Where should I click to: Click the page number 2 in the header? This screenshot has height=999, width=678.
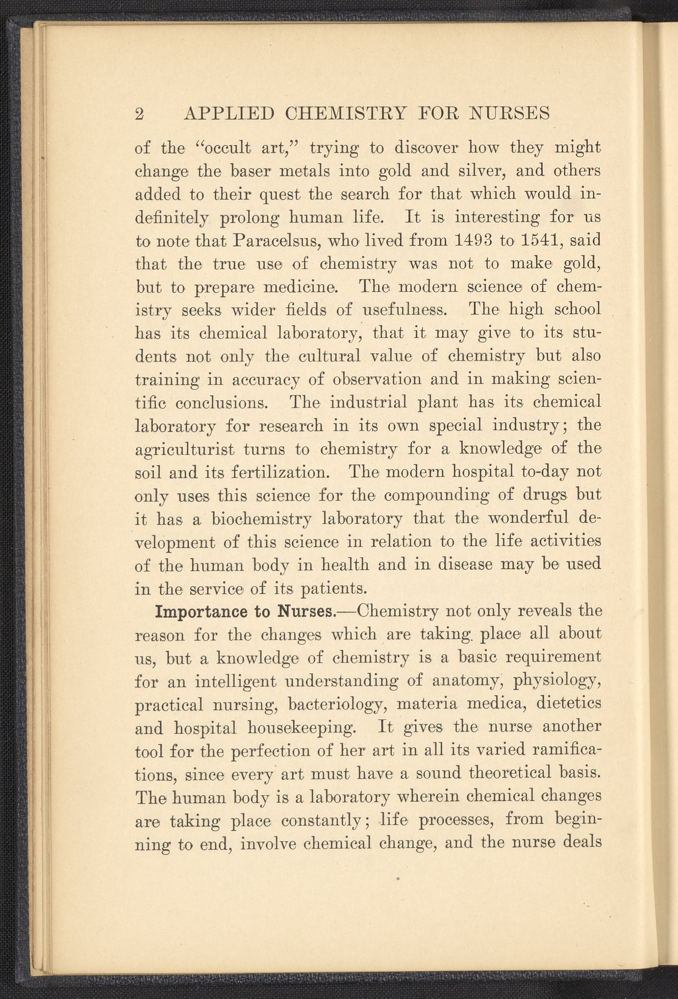pos(139,115)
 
